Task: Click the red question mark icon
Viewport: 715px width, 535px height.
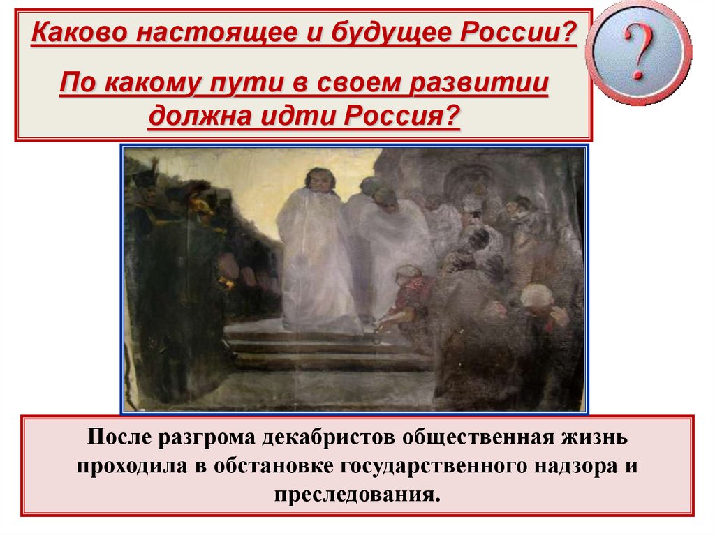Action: point(638,52)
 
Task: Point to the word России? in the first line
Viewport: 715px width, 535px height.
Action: point(518,32)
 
